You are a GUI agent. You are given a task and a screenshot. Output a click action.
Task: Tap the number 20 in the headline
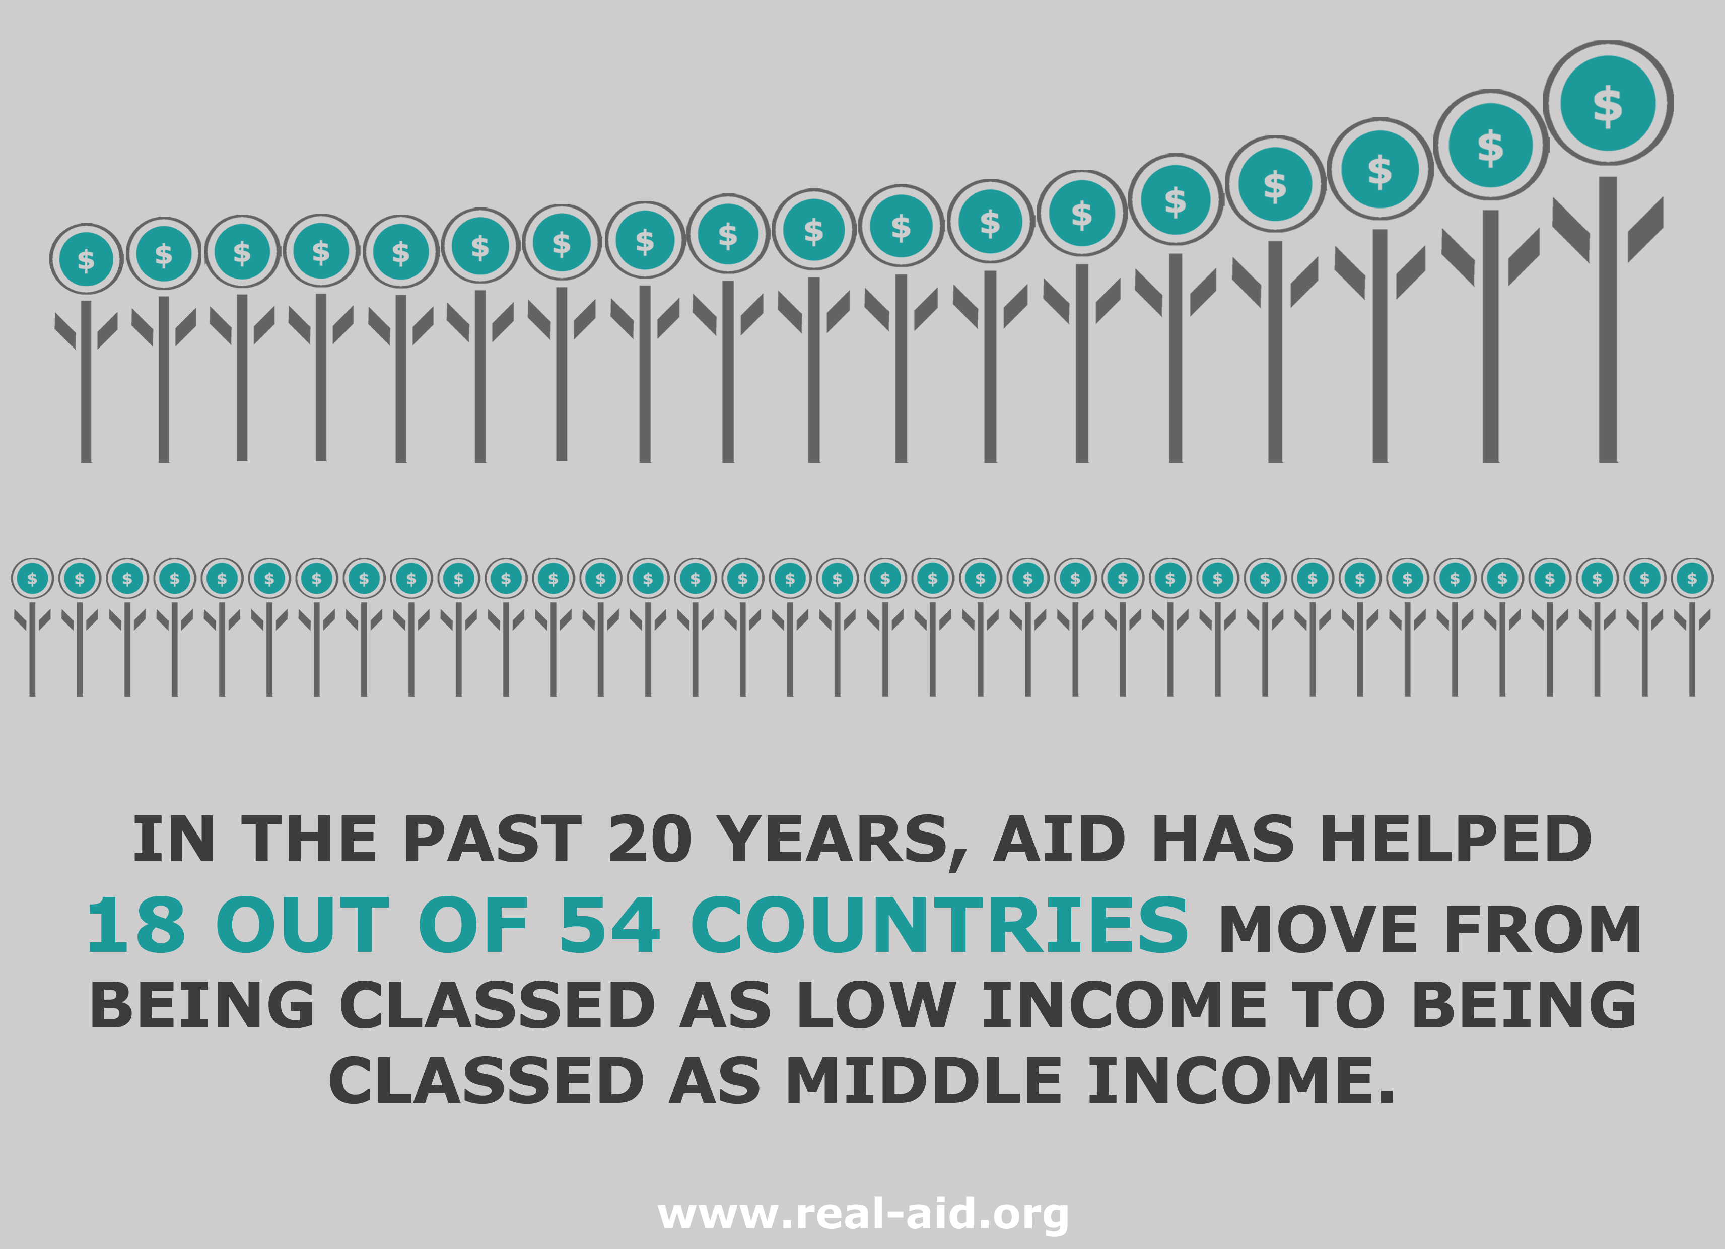650,839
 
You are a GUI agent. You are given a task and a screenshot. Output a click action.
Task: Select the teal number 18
136,925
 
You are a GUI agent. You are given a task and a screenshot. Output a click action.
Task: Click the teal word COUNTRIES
939,925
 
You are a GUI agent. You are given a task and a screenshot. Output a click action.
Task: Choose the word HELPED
1455,839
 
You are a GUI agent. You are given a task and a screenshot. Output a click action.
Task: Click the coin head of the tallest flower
1608,103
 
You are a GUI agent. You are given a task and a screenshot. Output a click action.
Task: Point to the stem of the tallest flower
1608,319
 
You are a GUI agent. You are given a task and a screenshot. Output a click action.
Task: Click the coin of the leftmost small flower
32,579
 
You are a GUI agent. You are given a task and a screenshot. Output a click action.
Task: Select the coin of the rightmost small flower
1692,579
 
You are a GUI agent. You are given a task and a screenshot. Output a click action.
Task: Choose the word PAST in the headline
492,839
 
